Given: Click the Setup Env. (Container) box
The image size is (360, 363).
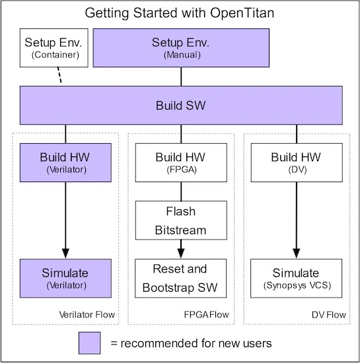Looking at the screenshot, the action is [54, 48].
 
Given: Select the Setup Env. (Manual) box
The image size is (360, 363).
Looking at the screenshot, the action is [181, 48].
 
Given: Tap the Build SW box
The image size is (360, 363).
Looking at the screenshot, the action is [181, 106].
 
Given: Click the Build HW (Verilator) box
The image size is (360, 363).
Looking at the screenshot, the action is [65, 162].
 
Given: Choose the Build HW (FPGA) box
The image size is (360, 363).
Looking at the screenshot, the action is [181, 162].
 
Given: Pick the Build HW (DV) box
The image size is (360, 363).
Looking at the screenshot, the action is [297, 162].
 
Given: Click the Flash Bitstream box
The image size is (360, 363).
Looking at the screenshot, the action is [181, 220].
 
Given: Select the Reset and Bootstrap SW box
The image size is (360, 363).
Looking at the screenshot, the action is [181, 279].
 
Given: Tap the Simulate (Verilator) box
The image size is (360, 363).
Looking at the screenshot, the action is [65, 279].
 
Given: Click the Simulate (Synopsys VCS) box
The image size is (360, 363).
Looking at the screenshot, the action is [297, 279].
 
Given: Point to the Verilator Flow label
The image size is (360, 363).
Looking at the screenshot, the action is [87, 315].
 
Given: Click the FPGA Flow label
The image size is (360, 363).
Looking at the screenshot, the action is [206, 315].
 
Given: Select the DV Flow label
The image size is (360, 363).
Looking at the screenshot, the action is [329, 315].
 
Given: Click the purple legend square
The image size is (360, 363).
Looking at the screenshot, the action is [90, 343].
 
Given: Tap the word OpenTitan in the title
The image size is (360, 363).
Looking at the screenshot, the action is [242, 13].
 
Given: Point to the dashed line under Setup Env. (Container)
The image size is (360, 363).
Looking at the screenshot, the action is [59, 75].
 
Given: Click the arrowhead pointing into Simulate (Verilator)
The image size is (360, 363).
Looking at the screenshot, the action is [65, 253].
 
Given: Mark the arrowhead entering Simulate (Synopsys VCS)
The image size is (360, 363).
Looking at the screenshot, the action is [297, 253].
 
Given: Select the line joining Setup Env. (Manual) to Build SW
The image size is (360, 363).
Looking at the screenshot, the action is [181, 77].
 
